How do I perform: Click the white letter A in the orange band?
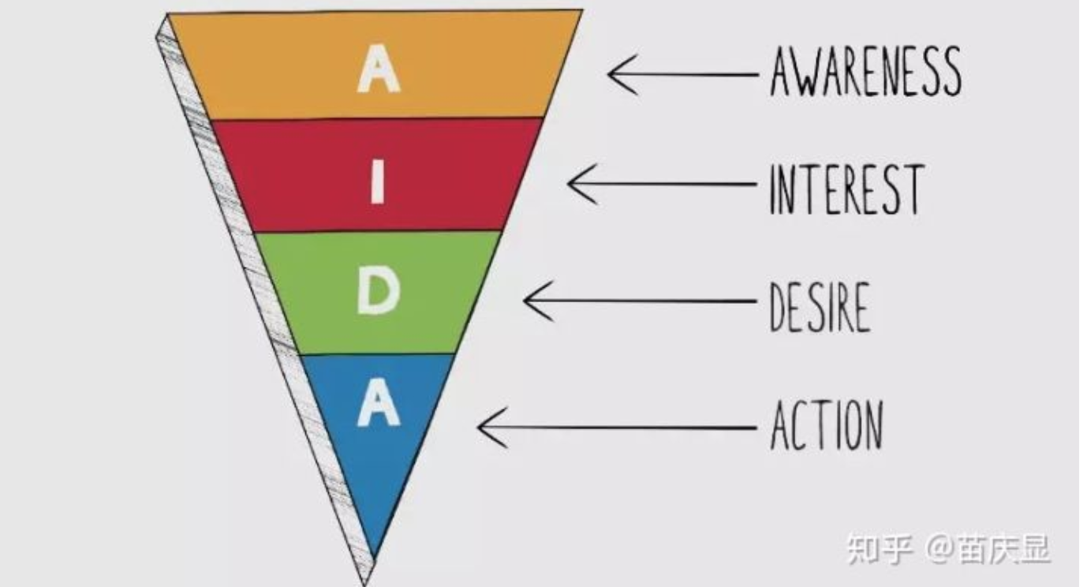point(379,69)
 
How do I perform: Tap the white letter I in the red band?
point(378,181)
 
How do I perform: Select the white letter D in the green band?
point(378,291)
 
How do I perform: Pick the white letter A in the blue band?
point(379,402)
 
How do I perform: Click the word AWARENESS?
point(866,71)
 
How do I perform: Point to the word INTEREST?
point(847,189)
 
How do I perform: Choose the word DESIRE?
point(820,308)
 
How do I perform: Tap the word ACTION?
point(827,424)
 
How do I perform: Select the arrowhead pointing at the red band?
point(582,184)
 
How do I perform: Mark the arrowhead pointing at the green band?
point(538,301)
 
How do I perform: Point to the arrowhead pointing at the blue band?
point(492,428)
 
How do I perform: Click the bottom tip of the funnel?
point(365,584)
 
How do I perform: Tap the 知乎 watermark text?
point(880,549)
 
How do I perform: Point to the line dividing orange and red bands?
point(377,118)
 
